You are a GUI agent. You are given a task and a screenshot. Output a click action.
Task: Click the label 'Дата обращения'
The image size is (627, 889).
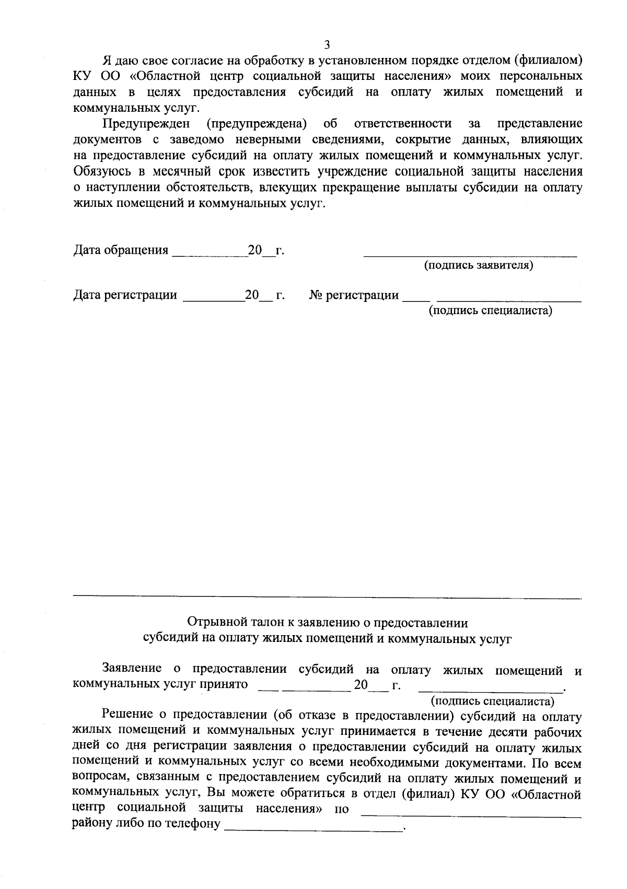(x=121, y=250)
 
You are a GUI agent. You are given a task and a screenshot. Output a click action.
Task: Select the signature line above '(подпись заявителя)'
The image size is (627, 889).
(x=470, y=256)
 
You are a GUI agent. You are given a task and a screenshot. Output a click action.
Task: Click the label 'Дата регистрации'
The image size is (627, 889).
(x=125, y=295)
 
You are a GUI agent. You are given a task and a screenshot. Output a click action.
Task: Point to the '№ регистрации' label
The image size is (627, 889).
(x=354, y=295)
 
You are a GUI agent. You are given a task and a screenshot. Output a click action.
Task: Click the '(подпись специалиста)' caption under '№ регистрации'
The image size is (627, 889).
(x=490, y=311)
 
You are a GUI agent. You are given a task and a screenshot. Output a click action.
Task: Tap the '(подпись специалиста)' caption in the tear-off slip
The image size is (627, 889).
(x=492, y=701)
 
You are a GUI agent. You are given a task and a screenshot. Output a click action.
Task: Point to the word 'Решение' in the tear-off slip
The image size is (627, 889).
(x=127, y=714)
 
